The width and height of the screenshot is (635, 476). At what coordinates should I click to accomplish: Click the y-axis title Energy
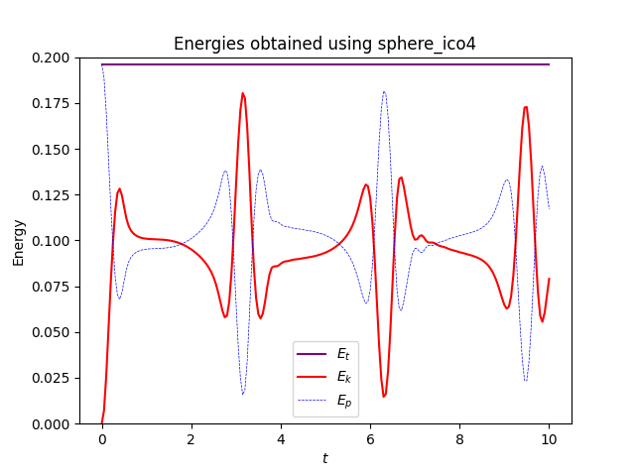click(19, 241)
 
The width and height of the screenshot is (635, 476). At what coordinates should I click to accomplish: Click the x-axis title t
click(324, 458)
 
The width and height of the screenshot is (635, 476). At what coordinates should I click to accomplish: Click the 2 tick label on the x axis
click(191, 438)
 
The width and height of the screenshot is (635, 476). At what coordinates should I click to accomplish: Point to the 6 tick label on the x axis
click(370, 438)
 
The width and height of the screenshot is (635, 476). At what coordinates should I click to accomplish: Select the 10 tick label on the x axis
click(549, 438)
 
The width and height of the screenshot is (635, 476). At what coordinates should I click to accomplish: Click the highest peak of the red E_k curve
click(242, 93)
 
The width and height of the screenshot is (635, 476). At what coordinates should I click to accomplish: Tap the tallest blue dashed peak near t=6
click(384, 91)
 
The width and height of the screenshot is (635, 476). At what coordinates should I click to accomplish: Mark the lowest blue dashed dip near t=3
click(242, 395)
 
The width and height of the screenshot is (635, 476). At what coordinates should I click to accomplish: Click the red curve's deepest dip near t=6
click(384, 397)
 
